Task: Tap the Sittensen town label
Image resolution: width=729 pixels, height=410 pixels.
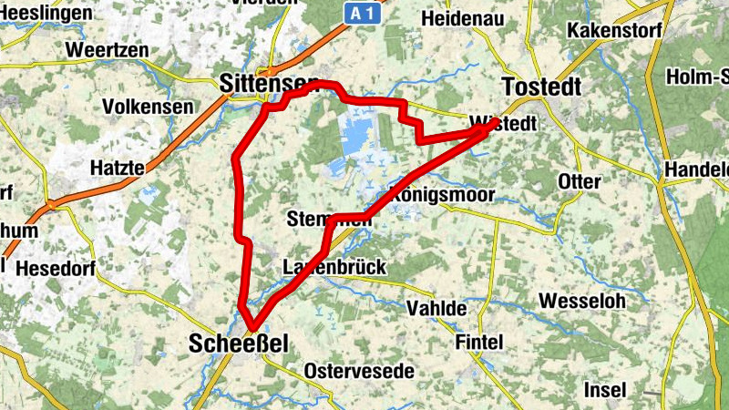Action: tap(263, 83)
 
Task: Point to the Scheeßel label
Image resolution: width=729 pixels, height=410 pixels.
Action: tap(238, 343)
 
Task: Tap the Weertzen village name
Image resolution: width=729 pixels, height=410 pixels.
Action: tap(107, 50)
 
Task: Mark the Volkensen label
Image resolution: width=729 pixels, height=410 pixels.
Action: tap(148, 107)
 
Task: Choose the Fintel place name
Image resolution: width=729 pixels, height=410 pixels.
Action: tap(478, 342)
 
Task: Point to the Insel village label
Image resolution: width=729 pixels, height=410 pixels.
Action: tap(605, 389)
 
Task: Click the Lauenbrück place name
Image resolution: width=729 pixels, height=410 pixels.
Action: tap(334, 267)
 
